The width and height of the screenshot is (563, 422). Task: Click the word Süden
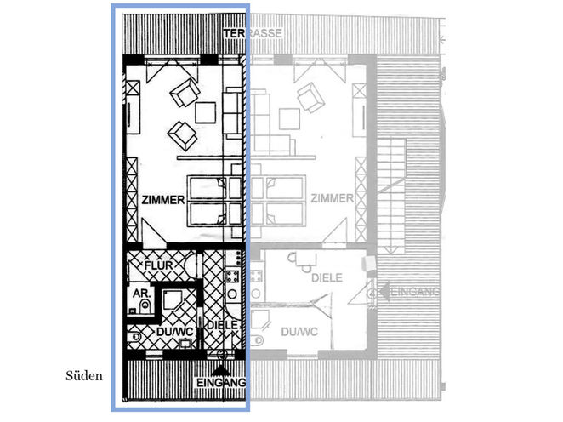[84, 376]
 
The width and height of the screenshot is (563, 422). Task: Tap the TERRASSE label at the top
[253, 33]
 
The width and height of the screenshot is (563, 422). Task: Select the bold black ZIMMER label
[163, 200]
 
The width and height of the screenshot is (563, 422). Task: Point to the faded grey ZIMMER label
[332, 198]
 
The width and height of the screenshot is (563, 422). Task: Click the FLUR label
[159, 265]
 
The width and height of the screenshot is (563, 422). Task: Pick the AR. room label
[141, 294]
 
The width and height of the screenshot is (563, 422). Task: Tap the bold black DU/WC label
[175, 332]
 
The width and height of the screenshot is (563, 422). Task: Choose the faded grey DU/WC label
[299, 332]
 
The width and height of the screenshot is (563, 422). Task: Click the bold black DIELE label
[223, 325]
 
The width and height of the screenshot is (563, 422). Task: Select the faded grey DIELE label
[327, 277]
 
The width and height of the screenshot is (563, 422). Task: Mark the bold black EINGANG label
[221, 383]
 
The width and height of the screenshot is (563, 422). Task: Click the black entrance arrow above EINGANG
[221, 370]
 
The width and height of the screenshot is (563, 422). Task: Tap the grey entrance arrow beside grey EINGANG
[384, 291]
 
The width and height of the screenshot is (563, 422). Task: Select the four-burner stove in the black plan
[232, 277]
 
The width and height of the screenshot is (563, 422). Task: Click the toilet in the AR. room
[145, 305]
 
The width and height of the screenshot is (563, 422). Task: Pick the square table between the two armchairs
[205, 113]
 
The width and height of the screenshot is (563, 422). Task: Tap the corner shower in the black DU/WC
[173, 301]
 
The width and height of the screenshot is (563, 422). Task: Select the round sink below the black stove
[232, 294]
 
